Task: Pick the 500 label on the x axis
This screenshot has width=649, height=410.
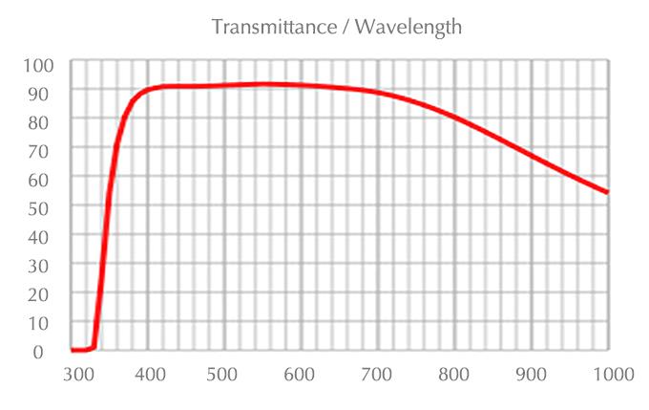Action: click(x=224, y=374)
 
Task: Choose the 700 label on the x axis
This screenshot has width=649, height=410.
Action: click(x=378, y=374)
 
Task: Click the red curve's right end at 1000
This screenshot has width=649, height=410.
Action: click(x=607, y=192)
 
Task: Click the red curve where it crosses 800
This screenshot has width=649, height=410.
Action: click(x=454, y=118)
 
